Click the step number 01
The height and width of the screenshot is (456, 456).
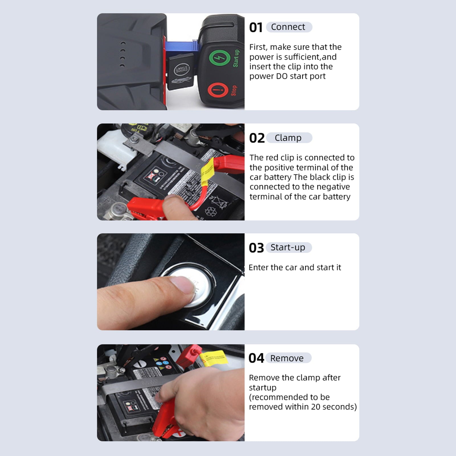click(255, 28)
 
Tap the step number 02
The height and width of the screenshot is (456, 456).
click(257, 138)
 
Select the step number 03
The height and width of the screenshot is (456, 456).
click(256, 248)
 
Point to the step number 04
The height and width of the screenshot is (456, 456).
click(256, 358)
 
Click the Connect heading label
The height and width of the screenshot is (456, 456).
click(288, 27)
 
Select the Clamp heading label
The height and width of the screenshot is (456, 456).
click(288, 138)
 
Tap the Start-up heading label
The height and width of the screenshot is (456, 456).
click(288, 247)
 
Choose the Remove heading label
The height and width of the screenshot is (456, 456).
click(287, 358)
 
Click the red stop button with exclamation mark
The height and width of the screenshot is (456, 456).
click(218, 90)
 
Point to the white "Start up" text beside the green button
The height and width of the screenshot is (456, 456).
click(236, 58)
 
